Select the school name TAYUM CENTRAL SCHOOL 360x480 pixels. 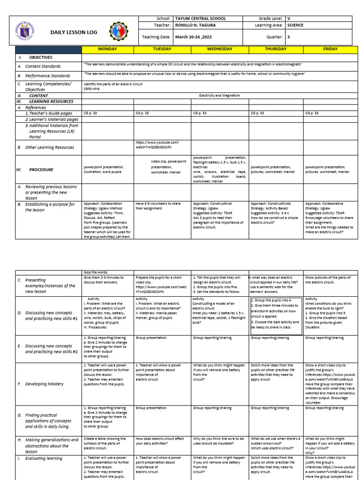click(200, 19)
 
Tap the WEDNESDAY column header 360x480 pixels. click(219, 49)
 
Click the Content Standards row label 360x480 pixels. click(43, 67)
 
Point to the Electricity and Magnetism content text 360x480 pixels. click(219, 95)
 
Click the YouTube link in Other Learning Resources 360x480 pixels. click(157, 145)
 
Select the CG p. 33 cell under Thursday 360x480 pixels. click(257, 113)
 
